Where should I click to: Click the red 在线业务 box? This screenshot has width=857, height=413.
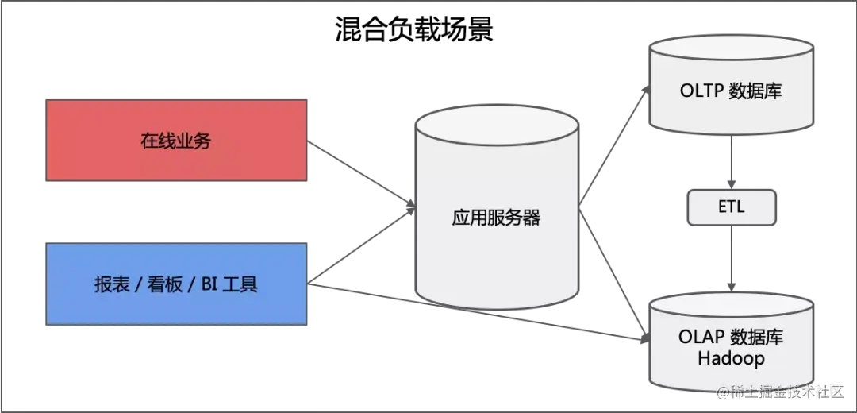coord(176,141)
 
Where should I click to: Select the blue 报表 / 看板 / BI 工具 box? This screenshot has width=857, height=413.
coord(176,284)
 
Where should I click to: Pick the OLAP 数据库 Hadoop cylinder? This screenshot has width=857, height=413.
coord(730,345)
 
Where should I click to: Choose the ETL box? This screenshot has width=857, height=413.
coord(730,208)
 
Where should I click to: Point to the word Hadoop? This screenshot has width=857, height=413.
coord(731,358)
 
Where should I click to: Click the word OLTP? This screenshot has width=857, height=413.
coord(701,91)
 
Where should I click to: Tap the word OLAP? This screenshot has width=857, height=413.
coord(701,337)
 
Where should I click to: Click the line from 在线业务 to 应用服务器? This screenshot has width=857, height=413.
coord(361,176)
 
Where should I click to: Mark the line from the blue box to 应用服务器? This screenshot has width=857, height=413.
coord(361,246)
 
